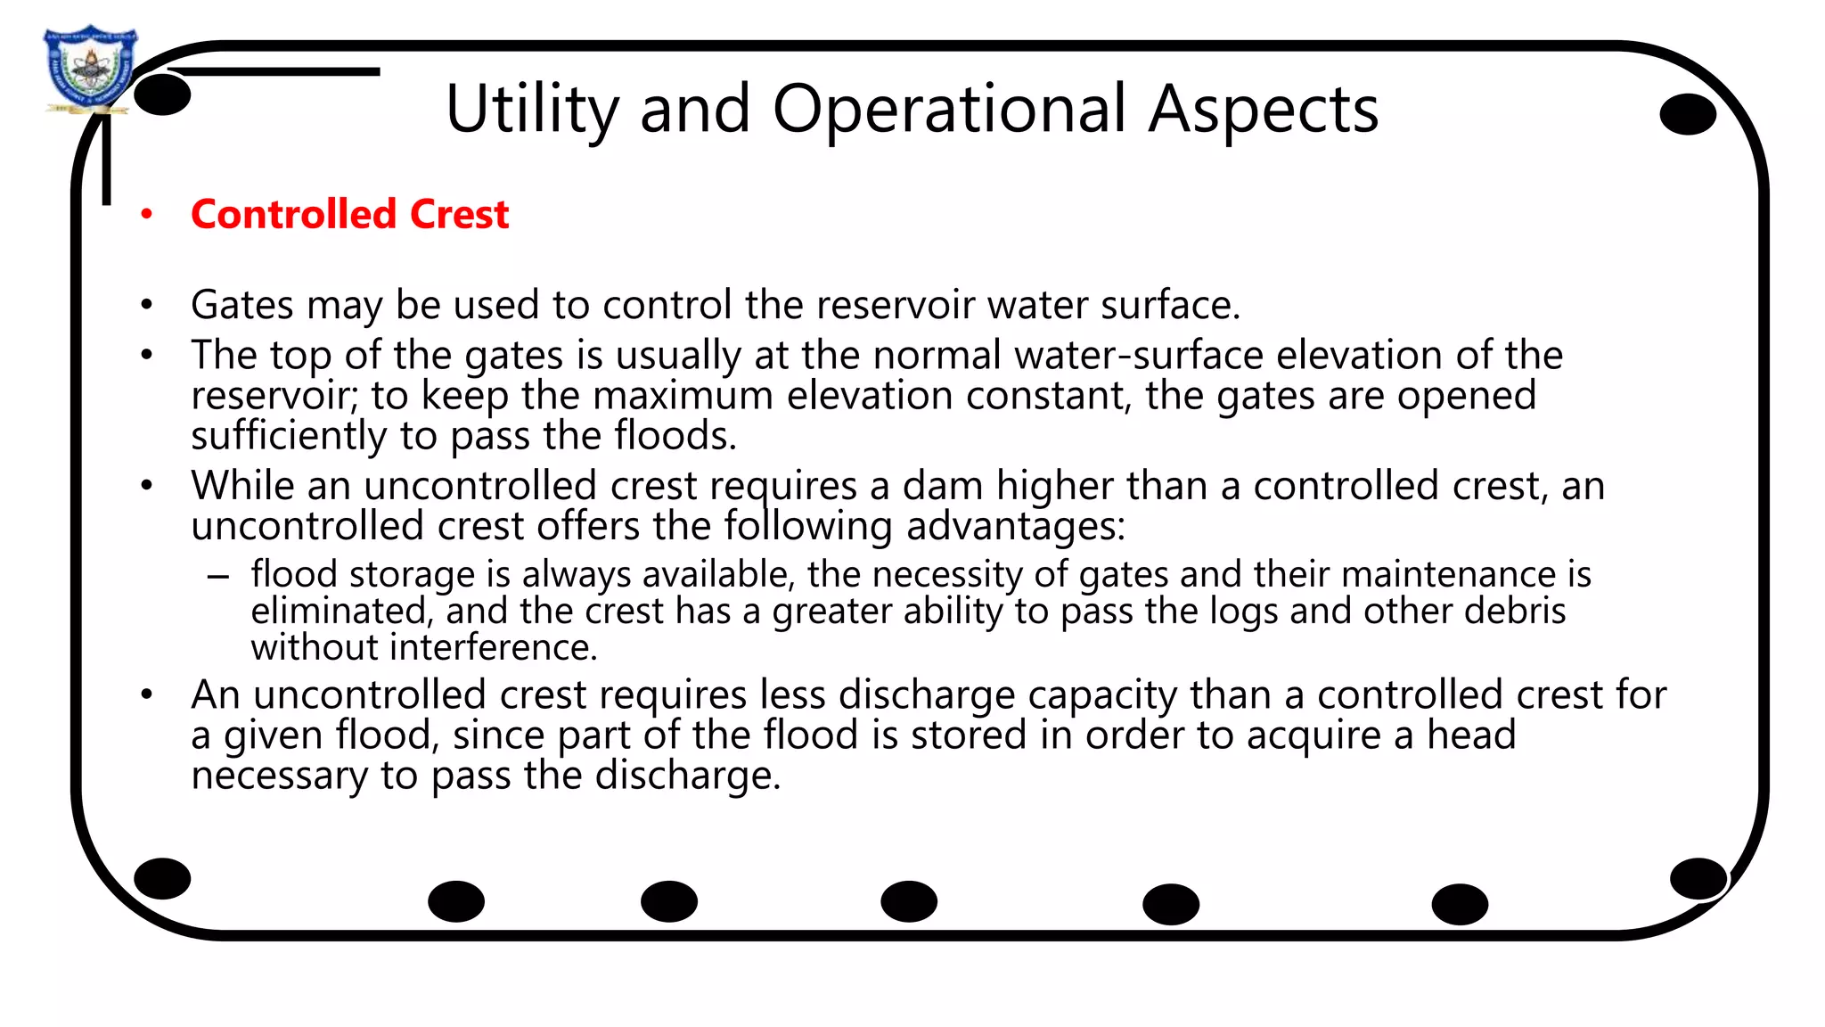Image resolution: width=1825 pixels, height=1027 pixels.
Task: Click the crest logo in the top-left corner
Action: (x=89, y=70)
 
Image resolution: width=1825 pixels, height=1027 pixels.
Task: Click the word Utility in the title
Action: (x=532, y=110)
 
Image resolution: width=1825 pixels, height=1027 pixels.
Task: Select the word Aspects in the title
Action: (x=1263, y=110)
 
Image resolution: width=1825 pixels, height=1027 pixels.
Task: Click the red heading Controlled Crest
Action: (x=349, y=215)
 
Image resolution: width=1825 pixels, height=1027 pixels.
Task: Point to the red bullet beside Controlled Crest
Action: (x=147, y=215)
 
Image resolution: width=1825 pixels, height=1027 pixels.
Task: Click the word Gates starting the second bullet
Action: (x=242, y=306)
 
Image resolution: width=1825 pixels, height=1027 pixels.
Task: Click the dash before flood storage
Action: (x=218, y=577)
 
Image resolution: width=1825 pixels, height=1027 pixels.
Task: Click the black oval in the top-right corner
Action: (x=1688, y=115)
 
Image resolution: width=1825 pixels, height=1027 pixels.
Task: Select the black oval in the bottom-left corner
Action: (x=162, y=879)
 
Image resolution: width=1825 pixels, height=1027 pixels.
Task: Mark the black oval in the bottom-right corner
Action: (x=1698, y=879)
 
